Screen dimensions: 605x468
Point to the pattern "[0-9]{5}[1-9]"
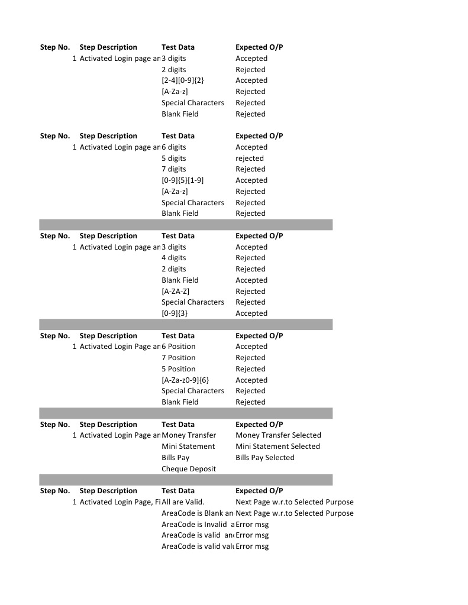(x=182, y=180)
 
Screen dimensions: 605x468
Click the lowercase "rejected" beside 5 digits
(x=250, y=158)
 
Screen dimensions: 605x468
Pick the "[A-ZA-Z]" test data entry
(x=175, y=292)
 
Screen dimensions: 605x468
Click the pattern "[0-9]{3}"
(x=175, y=313)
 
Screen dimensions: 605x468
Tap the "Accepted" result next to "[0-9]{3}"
(x=251, y=313)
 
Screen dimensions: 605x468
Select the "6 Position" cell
(x=178, y=347)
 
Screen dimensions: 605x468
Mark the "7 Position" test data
(x=178, y=358)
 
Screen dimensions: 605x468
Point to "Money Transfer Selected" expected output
(x=278, y=435)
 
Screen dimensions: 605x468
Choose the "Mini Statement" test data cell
(x=188, y=447)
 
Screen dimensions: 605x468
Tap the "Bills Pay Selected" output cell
(x=264, y=458)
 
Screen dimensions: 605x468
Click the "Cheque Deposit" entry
(x=189, y=469)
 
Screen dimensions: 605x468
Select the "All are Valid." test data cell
(x=183, y=502)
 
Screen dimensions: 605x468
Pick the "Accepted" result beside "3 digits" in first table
(x=251, y=59)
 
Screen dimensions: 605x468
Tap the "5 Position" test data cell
(x=178, y=369)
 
